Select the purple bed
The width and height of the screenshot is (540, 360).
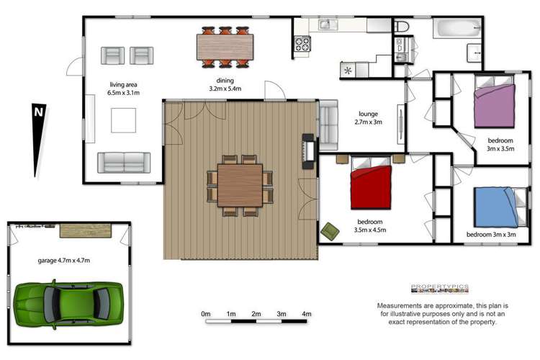tap(495, 105)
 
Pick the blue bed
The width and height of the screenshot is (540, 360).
tap(498, 206)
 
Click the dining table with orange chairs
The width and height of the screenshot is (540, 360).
tap(225, 47)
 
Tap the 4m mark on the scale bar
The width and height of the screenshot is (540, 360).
tap(306, 314)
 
